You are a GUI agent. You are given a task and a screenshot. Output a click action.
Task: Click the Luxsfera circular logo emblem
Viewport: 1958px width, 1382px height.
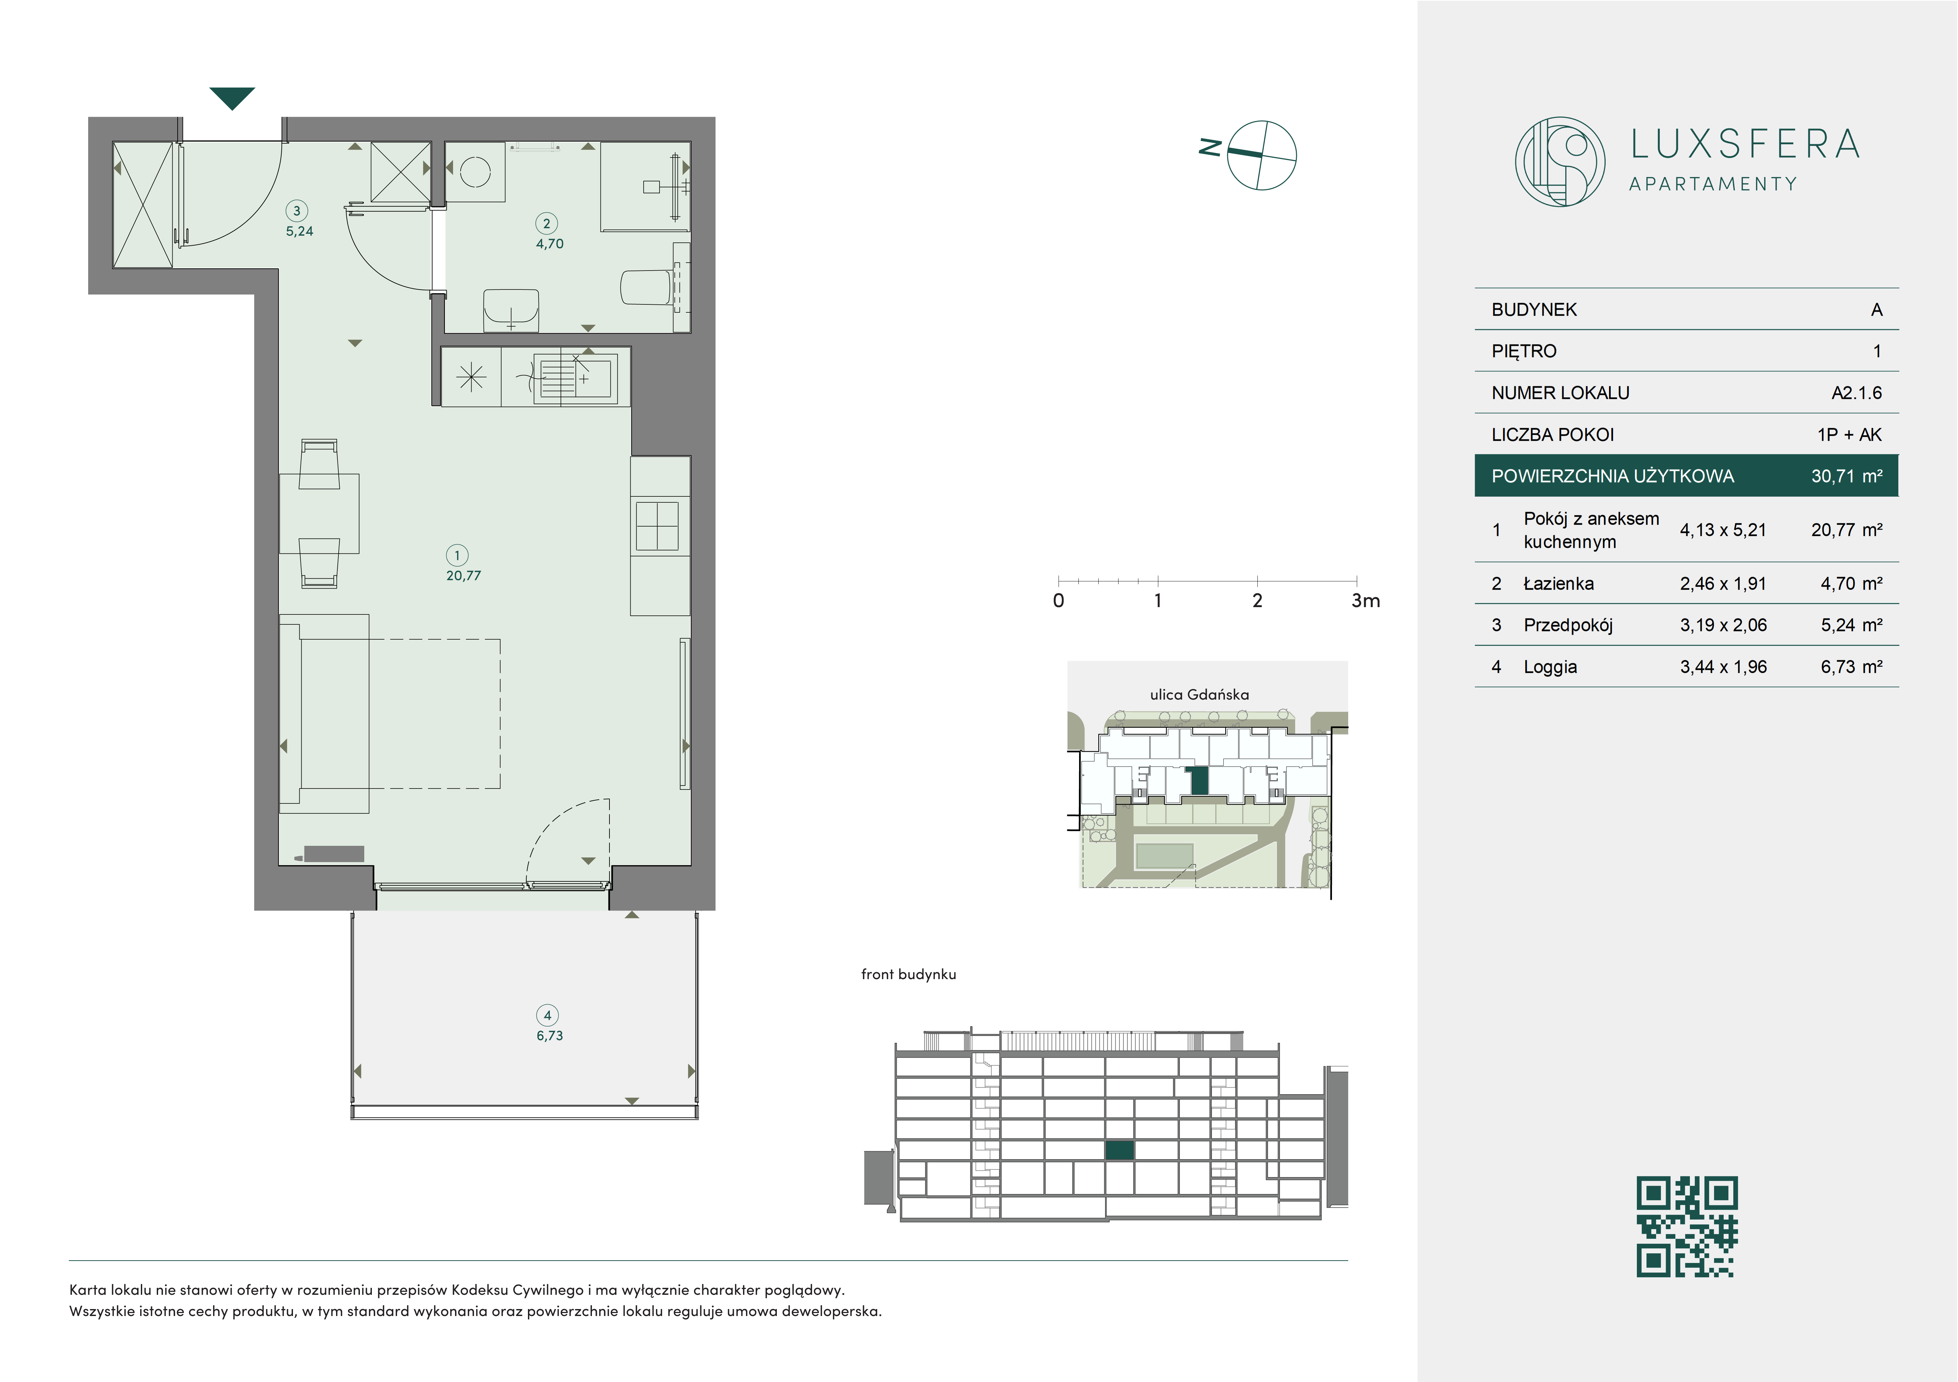1560,161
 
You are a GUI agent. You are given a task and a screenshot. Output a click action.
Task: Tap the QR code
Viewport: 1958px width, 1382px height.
1687,1227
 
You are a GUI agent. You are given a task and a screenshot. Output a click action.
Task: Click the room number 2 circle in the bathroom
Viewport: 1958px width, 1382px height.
547,223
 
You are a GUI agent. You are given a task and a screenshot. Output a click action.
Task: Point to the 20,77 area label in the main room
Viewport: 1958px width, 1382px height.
463,576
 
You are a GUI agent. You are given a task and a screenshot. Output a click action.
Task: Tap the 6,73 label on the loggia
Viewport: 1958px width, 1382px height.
549,1036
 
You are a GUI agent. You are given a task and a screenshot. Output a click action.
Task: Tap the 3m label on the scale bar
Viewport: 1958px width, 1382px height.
1365,600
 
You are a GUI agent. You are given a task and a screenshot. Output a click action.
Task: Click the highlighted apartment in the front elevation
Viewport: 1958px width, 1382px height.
1120,1150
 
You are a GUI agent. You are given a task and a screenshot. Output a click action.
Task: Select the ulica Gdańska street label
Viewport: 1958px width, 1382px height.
1199,694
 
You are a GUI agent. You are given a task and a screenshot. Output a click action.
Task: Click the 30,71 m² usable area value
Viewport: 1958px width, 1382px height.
1846,476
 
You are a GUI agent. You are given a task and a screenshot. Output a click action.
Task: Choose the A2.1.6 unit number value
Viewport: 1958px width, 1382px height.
1857,393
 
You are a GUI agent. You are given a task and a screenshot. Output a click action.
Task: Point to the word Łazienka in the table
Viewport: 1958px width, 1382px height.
1558,584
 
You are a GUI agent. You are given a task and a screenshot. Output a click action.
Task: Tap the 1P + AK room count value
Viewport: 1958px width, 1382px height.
1849,435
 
